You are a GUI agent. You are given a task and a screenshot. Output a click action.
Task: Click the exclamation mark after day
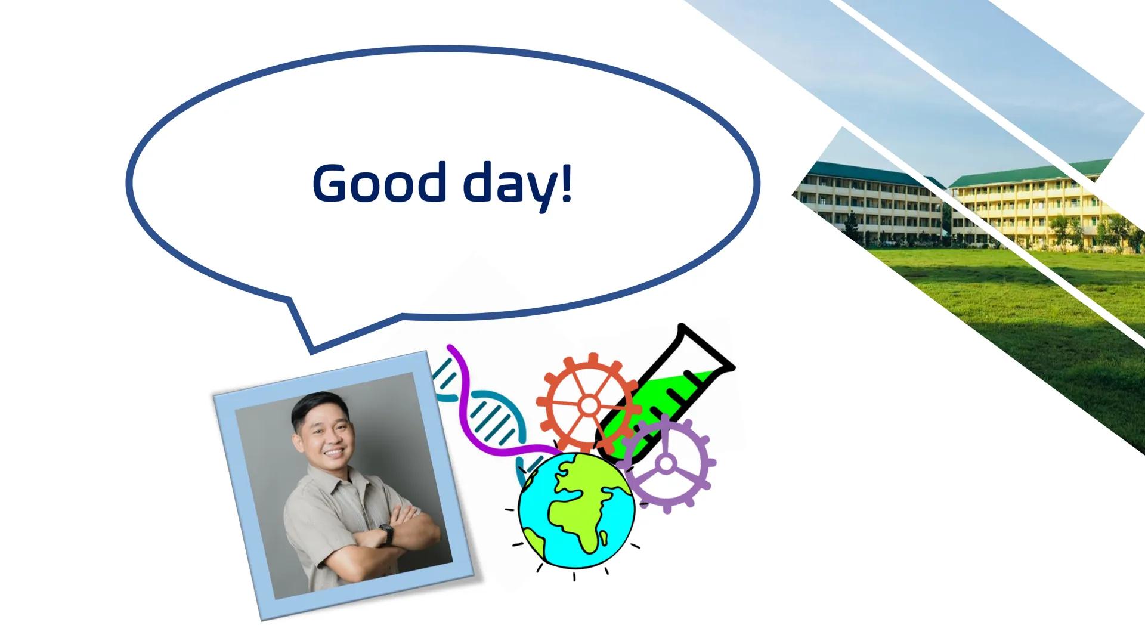pyautogui.click(x=566, y=182)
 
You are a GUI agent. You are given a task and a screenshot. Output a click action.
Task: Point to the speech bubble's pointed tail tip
pyautogui.click(x=311, y=351)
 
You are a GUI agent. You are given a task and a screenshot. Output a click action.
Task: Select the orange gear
pyautogui.click(x=558, y=382)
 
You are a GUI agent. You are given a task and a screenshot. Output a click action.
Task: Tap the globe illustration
pyautogui.click(x=576, y=510)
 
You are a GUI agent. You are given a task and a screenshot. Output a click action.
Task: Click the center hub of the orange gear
pyautogui.click(x=589, y=405)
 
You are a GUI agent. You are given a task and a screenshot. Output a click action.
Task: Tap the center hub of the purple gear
pyautogui.click(x=666, y=463)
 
